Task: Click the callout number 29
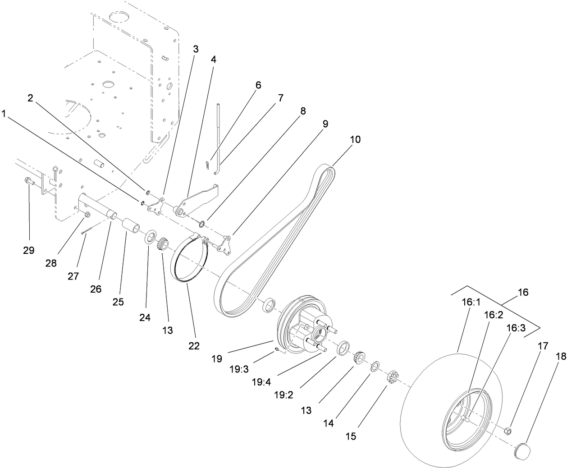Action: point(28,250)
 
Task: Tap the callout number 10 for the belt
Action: point(355,139)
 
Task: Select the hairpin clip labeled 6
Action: point(207,165)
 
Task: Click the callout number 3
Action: point(196,49)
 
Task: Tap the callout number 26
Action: point(96,289)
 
